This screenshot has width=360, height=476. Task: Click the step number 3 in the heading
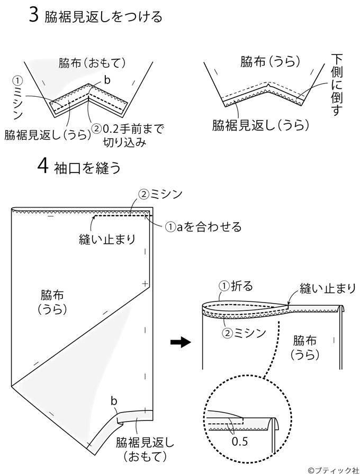pyautogui.click(x=34, y=15)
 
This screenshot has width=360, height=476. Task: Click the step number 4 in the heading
pyautogui.click(x=43, y=167)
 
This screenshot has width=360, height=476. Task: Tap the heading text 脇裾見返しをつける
pyautogui.click(x=103, y=16)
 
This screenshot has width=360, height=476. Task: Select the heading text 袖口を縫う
pyautogui.click(x=88, y=167)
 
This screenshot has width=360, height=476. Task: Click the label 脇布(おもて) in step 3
pyautogui.click(x=92, y=63)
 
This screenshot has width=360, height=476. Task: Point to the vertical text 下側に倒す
pyautogui.click(x=337, y=85)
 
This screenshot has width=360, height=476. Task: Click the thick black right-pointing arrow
pyautogui.click(x=180, y=343)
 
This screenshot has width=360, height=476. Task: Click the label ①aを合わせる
pyautogui.click(x=203, y=226)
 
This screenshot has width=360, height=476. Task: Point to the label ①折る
pyautogui.click(x=236, y=286)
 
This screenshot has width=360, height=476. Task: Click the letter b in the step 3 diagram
pyautogui.click(x=107, y=80)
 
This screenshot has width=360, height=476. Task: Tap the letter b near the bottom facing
pyautogui.click(x=114, y=401)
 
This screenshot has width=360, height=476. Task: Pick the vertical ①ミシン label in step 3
pyautogui.click(x=18, y=97)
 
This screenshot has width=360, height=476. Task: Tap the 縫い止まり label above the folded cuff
pyautogui.click(x=327, y=288)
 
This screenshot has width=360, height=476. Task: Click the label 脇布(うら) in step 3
pyautogui.click(x=270, y=62)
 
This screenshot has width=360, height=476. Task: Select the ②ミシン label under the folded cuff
pyautogui.click(x=244, y=333)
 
